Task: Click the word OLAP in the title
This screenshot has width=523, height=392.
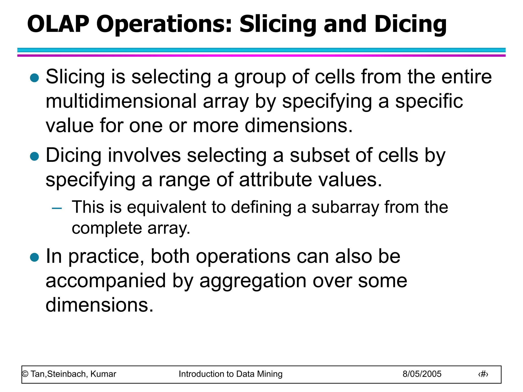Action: [x=58, y=24]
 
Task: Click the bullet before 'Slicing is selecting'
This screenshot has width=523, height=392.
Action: [x=34, y=78]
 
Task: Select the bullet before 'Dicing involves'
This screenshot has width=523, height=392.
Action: [x=34, y=156]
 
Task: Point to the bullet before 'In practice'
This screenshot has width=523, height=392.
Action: [x=34, y=257]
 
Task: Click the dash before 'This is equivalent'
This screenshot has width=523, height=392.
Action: [x=57, y=209]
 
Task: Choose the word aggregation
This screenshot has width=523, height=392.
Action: [x=253, y=281]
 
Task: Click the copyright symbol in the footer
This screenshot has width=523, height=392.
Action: [x=25, y=374]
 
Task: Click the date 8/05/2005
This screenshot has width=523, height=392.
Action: [x=422, y=374]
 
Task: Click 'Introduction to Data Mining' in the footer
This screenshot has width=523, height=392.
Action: [x=231, y=374]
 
